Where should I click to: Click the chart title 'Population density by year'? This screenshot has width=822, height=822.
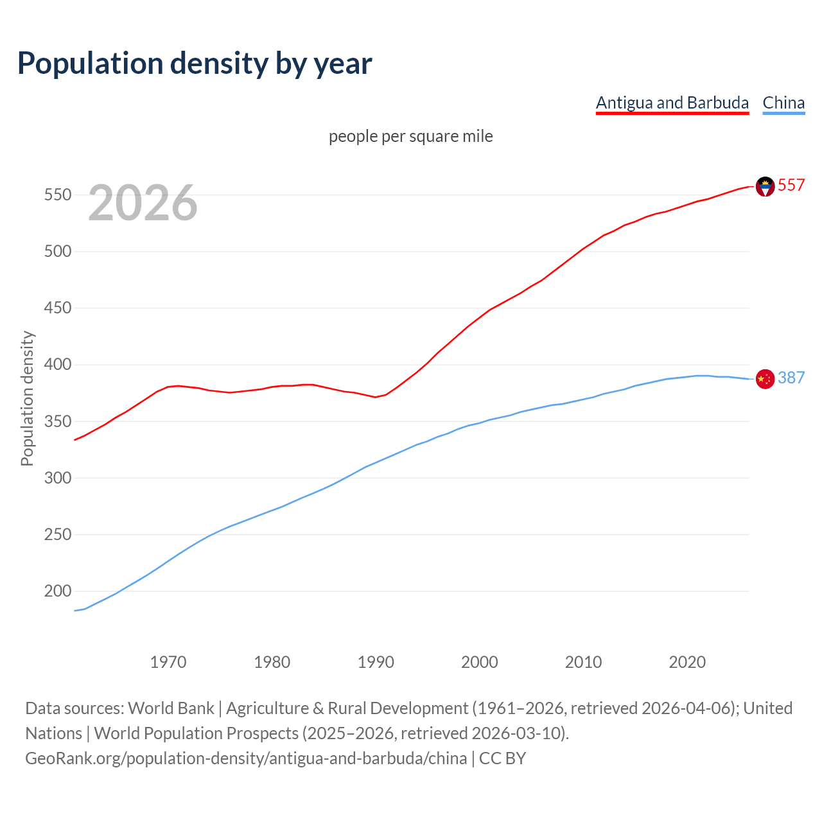click(x=195, y=63)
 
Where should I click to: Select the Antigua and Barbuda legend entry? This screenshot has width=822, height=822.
click(x=672, y=103)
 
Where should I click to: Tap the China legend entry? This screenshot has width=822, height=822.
click(x=783, y=103)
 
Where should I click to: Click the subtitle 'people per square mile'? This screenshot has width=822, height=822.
click(x=411, y=136)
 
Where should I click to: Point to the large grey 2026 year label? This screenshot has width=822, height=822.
click(x=143, y=203)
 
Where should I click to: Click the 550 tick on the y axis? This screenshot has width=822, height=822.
click(x=57, y=195)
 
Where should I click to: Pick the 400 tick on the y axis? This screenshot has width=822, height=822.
click(x=57, y=365)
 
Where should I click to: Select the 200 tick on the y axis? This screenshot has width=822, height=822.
click(x=57, y=591)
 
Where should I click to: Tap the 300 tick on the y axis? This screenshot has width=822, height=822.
click(x=57, y=478)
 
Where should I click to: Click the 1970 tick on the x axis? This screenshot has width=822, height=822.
click(x=168, y=662)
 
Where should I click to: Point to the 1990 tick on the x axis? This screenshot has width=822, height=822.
click(x=376, y=662)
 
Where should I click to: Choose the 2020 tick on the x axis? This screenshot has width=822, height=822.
click(x=687, y=662)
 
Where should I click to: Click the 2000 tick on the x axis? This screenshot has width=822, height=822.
click(x=480, y=662)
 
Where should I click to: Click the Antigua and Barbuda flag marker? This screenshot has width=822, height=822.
click(x=765, y=186)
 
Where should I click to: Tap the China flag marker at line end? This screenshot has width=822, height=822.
click(x=765, y=379)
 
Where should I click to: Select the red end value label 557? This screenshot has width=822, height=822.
click(x=791, y=186)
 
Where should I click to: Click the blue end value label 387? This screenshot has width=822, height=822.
click(x=791, y=378)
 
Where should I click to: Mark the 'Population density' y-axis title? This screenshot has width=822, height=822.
click(x=27, y=398)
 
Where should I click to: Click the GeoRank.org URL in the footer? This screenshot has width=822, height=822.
click(x=246, y=758)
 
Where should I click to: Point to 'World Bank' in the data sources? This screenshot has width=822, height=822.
click(x=171, y=708)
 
